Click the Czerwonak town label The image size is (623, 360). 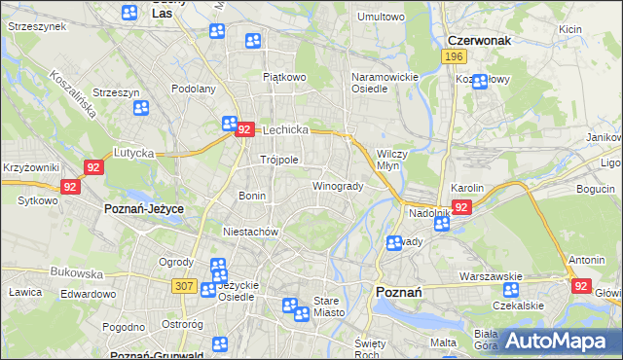coord(479,41)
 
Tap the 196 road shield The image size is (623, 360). coord(453,58)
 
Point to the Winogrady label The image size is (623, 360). coord(337,186)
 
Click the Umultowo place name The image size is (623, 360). coord(381,17)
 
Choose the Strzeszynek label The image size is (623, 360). coord(36,26)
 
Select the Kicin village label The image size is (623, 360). coord(570,29)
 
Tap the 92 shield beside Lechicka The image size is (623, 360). coord(245,129)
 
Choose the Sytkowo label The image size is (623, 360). coord(37,200)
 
